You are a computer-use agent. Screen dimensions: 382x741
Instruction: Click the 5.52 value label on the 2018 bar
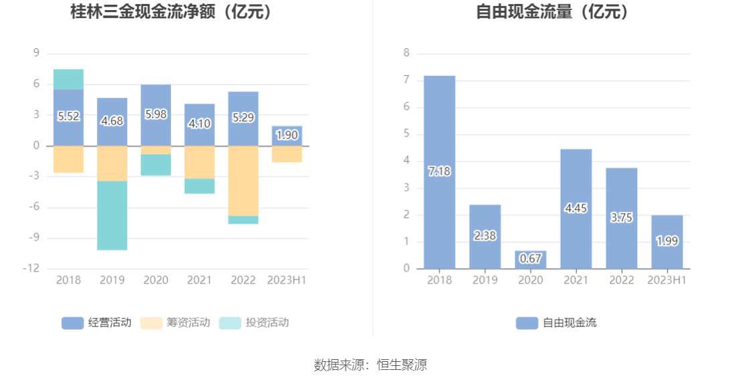tap(68, 117)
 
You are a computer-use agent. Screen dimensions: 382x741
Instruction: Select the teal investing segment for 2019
tap(112, 215)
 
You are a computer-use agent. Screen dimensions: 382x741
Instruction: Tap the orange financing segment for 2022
tap(243, 181)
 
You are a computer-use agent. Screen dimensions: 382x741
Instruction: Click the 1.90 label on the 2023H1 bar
tap(287, 135)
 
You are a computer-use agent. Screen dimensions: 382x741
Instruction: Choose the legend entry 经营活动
tap(96, 323)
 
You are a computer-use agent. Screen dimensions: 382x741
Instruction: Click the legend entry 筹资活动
tap(176, 323)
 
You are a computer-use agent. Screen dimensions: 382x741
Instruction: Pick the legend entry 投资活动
tap(254, 323)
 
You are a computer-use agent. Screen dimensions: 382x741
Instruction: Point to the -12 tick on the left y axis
tap(31, 268)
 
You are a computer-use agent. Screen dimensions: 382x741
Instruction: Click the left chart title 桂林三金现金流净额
tap(174, 12)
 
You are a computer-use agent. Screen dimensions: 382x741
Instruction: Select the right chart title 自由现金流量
tap(553, 12)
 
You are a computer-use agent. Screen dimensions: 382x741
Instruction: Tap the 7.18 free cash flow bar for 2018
tap(440, 172)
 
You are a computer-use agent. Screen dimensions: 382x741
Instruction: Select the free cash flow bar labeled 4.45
tap(576, 208)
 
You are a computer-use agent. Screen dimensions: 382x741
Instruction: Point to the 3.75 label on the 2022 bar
tap(622, 218)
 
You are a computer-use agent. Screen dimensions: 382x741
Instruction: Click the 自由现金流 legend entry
tap(557, 323)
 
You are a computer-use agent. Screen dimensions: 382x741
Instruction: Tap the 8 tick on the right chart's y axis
tap(405, 54)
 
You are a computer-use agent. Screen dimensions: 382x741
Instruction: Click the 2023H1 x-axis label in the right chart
tap(667, 280)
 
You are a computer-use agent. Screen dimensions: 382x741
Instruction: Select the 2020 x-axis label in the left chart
tap(155, 280)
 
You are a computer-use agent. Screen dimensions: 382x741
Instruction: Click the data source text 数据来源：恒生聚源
tap(370, 365)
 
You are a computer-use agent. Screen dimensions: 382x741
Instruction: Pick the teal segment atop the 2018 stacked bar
tap(68, 79)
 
